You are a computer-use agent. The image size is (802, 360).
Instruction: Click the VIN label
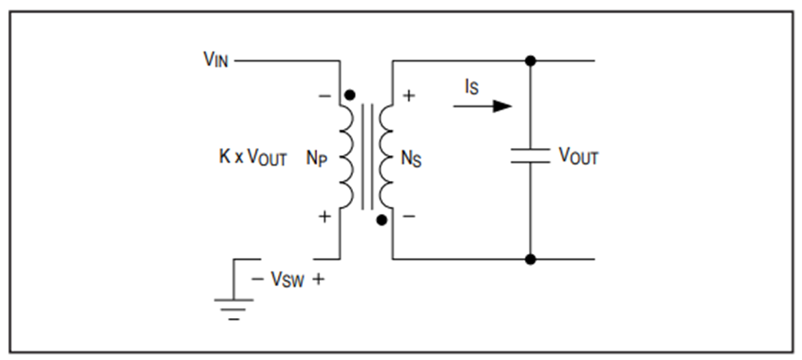216,60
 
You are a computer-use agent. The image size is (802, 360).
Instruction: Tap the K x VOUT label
253,157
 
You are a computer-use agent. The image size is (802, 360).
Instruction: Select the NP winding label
316,158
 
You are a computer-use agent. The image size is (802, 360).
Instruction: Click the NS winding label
411,159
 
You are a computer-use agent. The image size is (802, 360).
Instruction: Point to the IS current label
471,87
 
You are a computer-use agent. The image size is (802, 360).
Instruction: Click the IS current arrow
482,106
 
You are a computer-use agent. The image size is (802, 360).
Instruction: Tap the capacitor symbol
530,156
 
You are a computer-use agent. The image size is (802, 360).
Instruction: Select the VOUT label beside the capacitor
578,156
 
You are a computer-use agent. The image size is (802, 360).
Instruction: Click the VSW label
287,279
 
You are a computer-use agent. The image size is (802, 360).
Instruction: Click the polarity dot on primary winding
350,95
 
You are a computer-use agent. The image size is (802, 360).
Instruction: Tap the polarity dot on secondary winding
381,220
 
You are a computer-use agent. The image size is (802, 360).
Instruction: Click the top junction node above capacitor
530,61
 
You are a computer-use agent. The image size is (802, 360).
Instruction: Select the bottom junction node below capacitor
530,259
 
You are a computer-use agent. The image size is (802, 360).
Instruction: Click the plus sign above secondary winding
409,95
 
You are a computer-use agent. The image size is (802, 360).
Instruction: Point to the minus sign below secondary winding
409,217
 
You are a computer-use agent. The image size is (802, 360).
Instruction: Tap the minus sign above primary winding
324,95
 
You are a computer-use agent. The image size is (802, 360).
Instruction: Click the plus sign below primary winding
324,217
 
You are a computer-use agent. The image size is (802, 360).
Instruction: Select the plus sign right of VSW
318,279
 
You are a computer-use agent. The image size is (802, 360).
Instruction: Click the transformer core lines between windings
367,157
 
